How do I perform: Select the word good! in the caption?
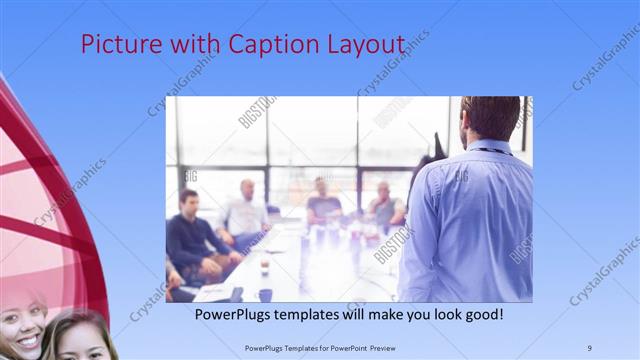[481, 314]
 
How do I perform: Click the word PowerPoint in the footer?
[345, 348]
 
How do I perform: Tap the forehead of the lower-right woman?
[80, 329]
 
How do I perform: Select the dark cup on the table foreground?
[265, 294]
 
